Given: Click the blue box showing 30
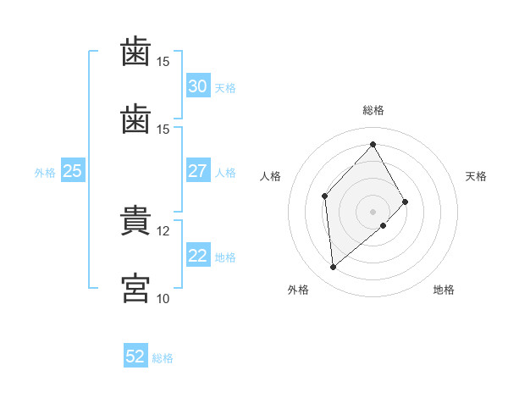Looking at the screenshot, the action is (198, 86).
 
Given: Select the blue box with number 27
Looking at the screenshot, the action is (198, 170).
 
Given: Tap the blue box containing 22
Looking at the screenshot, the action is (198, 254).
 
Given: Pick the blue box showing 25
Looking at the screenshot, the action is (73, 170).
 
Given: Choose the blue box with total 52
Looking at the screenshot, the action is (135, 355).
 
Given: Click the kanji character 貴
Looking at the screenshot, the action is (135, 220).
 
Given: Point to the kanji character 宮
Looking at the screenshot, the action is (135, 288).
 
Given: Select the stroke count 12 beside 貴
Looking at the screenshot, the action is (163, 231).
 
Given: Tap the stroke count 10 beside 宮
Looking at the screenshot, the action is (163, 299).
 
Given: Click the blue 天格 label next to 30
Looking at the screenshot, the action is (225, 88).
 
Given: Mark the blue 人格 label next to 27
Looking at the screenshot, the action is (225, 173).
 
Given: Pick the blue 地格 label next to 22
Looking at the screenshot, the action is (225, 257).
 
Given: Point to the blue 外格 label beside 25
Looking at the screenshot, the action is (45, 173).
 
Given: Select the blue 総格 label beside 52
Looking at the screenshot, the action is (163, 358).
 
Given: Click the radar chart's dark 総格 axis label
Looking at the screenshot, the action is (373, 111).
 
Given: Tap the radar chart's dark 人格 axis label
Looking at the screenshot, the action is (270, 176).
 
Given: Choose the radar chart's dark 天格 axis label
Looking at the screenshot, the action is (476, 176).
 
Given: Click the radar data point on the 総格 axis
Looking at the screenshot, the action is (373, 144).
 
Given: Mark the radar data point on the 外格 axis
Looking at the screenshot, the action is (333, 267).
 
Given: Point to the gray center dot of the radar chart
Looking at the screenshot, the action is (373, 212).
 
